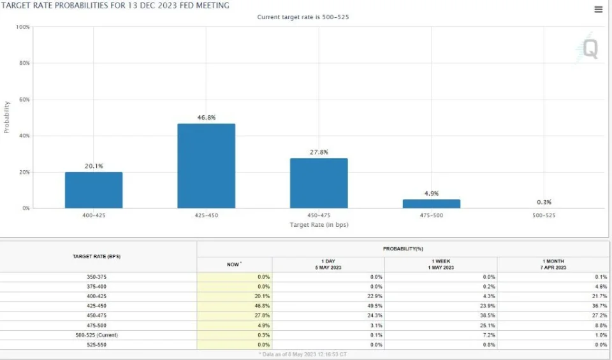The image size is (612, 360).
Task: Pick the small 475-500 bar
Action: click(432, 204)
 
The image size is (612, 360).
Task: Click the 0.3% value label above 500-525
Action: click(544, 202)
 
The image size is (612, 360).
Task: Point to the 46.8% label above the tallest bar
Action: click(206, 118)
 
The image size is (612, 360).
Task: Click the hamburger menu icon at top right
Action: click(598, 10)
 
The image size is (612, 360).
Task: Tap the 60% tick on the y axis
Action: click(24, 99)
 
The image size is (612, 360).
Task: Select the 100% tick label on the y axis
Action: click(22, 27)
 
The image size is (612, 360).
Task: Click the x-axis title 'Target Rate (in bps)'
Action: click(319, 224)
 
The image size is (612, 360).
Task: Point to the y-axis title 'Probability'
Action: click(7, 117)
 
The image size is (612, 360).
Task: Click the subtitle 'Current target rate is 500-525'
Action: click(303, 17)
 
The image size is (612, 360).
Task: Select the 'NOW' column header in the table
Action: click(234, 264)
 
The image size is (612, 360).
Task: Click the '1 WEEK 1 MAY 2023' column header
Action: click(441, 264)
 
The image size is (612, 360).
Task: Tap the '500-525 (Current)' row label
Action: click(97, 335)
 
